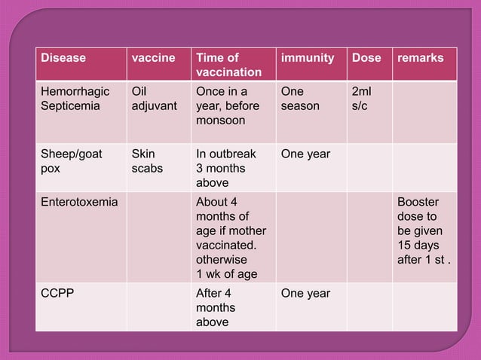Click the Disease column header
[63, 58]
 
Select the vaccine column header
[153, 58]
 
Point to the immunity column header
[307, 58]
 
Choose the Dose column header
[366, 58]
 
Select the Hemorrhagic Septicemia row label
[75, 99]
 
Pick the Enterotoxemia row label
[79, 202]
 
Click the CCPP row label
[57, 293]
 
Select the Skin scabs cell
[148, 161]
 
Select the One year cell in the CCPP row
[305, 293]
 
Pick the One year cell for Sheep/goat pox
[305, 154]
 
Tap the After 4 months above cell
[216, 307]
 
